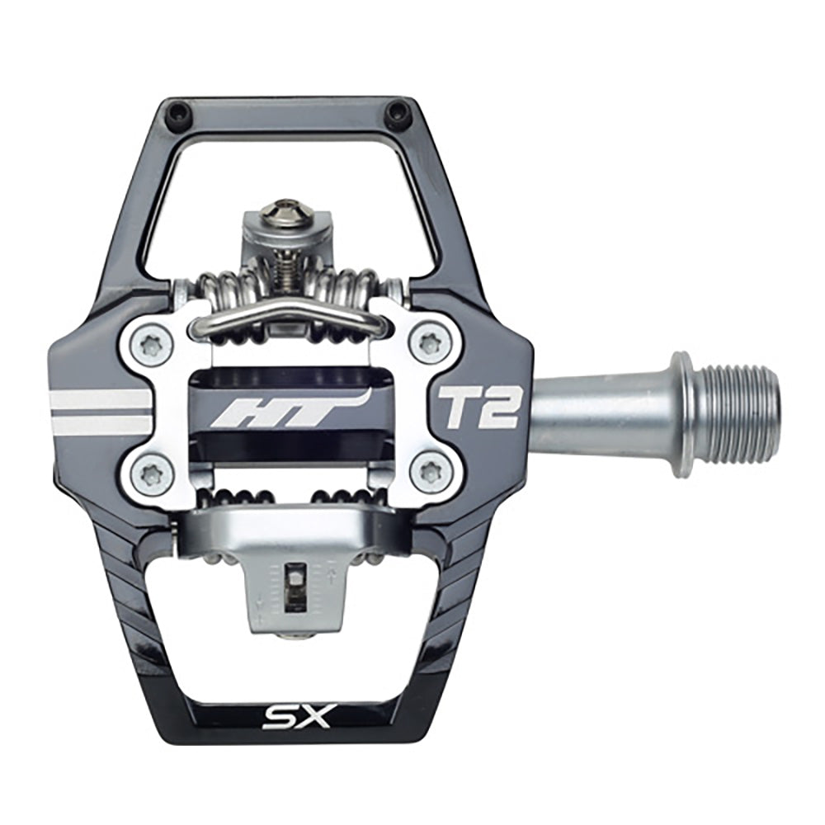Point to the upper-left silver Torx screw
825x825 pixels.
pyautogui.click(x=151, y=346)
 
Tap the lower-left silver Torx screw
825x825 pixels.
pyautogui.click(x=151, y=472)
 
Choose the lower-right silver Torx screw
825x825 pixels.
pyautogui.click(x=430, y=472)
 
